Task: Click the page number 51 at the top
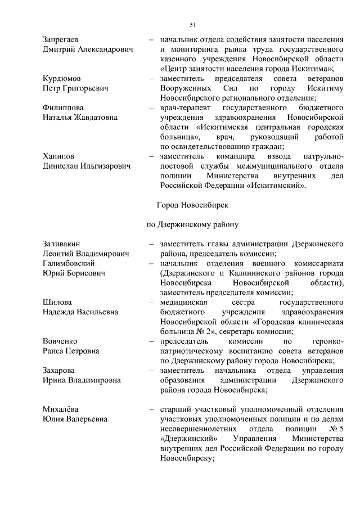click(192, 25)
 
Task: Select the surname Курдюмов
click(62, 78)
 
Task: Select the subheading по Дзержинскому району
click(193, 224)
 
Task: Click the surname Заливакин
click(61, 244)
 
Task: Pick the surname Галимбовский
click(68, 263)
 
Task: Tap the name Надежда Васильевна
click(80, 312)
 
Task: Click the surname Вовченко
click(60, 341)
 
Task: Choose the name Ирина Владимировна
click(82, 380)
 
